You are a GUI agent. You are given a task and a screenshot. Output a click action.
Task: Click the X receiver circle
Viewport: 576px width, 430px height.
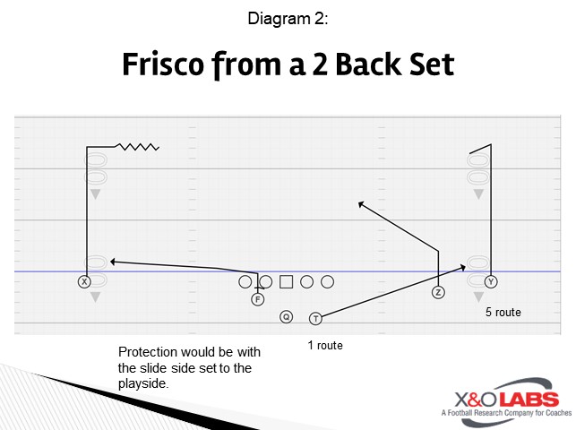pyautogui.click(x=84, y=281)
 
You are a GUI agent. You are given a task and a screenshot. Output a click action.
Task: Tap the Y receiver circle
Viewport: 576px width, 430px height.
pyautogui.click(x=491, y=281)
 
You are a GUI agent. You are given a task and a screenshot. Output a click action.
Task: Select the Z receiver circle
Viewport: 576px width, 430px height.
pyautogui.click(x=438, y=292)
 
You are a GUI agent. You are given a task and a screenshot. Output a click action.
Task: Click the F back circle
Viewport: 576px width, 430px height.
pyautogui.click(x=257, y=299)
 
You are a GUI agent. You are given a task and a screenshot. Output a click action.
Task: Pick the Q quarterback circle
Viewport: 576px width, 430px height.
pyautogui.click(x=286, y=316)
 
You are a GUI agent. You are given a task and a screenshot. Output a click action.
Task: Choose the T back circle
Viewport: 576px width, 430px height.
pyautogui.click(x=315, y=318)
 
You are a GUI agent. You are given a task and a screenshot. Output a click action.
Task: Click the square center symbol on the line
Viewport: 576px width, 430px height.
pyautogui.click(x=286, y=282)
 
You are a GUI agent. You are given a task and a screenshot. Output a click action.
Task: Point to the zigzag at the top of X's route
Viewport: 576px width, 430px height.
pyautogui.click(x=138, y=146)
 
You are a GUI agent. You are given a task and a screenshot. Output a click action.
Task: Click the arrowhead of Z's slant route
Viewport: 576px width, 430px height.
pyautogui.click(x=361, y=204)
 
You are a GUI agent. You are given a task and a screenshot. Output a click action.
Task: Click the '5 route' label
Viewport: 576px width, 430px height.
pyautogui.click(x=503, y=313)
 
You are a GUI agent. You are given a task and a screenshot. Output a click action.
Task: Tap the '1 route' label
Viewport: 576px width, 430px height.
pyautogui.click(x=324, y=345)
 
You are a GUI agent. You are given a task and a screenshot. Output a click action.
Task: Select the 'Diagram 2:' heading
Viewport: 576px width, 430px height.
pyautogui.click(x=288, y=17)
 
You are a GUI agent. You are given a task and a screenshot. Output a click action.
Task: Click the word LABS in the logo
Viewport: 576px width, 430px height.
pyautogui.click(x=528, y=399)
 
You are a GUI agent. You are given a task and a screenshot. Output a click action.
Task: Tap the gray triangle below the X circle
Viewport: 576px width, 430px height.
pyautogui.click(x=95, y=297)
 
